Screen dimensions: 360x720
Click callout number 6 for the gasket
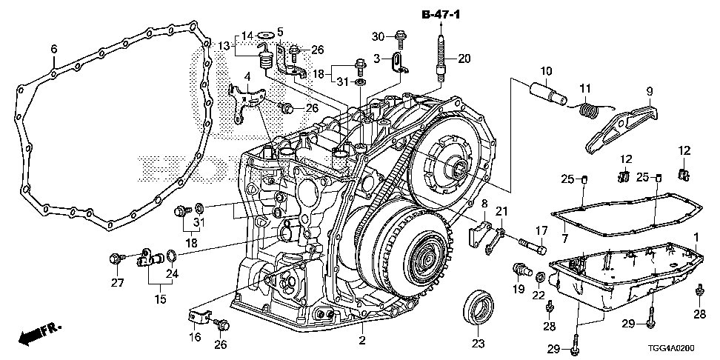click(x=53, y=49)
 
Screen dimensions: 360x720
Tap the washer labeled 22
click(x=541, y=276)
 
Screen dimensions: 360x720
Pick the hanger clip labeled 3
click(x=400, y=63)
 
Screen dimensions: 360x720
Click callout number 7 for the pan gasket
click(x=564, y=239)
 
